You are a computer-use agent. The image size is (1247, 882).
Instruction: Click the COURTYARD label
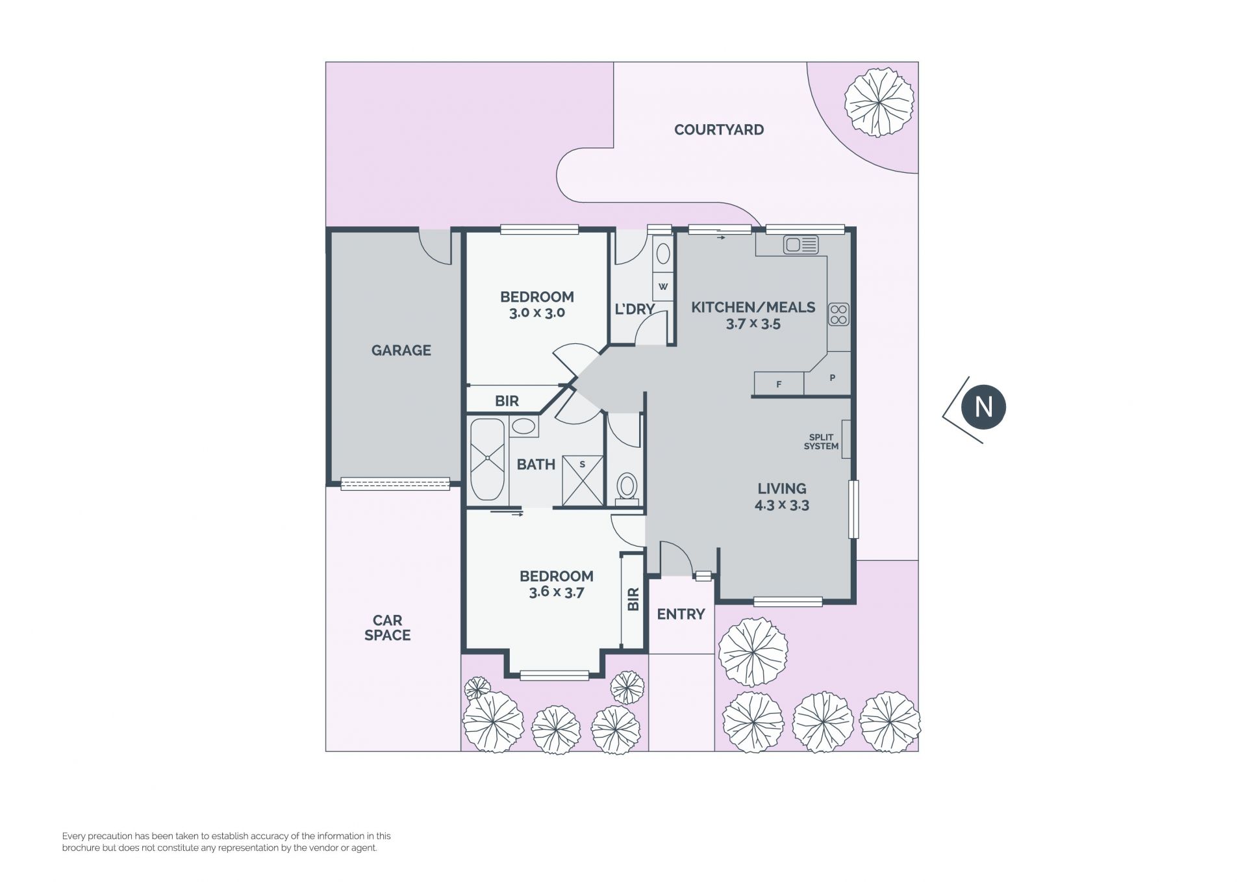click(x=718, y=129)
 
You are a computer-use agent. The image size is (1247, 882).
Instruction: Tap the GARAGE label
click(x=401, y=350)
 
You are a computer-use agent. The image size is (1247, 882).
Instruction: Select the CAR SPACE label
click(x=387, y=628)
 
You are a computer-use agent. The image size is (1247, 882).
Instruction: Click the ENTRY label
click(x=681, y=614)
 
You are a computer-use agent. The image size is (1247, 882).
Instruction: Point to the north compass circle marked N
click(x=983, y=408)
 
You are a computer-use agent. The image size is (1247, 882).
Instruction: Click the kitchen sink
click(x=801, y=245)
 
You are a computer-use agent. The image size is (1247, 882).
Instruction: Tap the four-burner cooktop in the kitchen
click(x=838, y=315)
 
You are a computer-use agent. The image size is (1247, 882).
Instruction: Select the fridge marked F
click(x=779, y=383)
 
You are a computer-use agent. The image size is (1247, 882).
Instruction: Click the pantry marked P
click(x=830, y=376)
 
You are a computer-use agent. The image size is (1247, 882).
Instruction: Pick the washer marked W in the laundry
click(x=662, y=286)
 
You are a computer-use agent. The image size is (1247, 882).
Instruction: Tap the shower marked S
click(x=583, y=481)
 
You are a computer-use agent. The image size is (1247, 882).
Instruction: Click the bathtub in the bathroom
click(x=487, y=460)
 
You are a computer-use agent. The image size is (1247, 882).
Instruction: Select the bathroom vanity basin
click(x=523, y=427)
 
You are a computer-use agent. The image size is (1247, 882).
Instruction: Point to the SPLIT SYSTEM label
click(x=821, y=442)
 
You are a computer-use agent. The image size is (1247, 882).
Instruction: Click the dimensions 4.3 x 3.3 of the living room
click(x=781, y=505)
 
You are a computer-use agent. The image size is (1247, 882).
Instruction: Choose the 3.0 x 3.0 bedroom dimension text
click(x=536, y=313)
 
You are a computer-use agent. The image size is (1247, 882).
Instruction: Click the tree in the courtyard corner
click(x=879, y=102)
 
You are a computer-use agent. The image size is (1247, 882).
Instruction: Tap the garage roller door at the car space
click(x=395, y=484)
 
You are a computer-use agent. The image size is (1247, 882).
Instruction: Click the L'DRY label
click(x=634, y=309)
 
